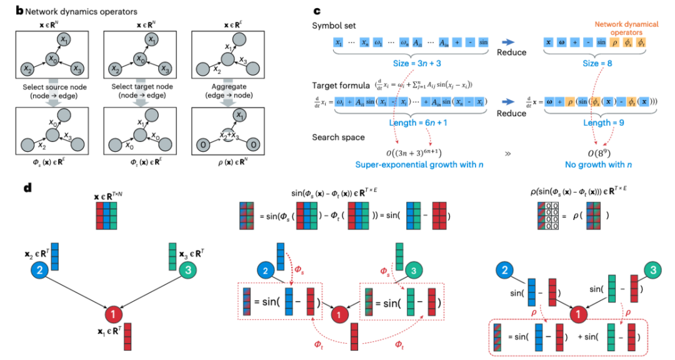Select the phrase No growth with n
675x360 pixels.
[596, 166]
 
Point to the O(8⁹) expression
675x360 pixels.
[596, 152]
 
